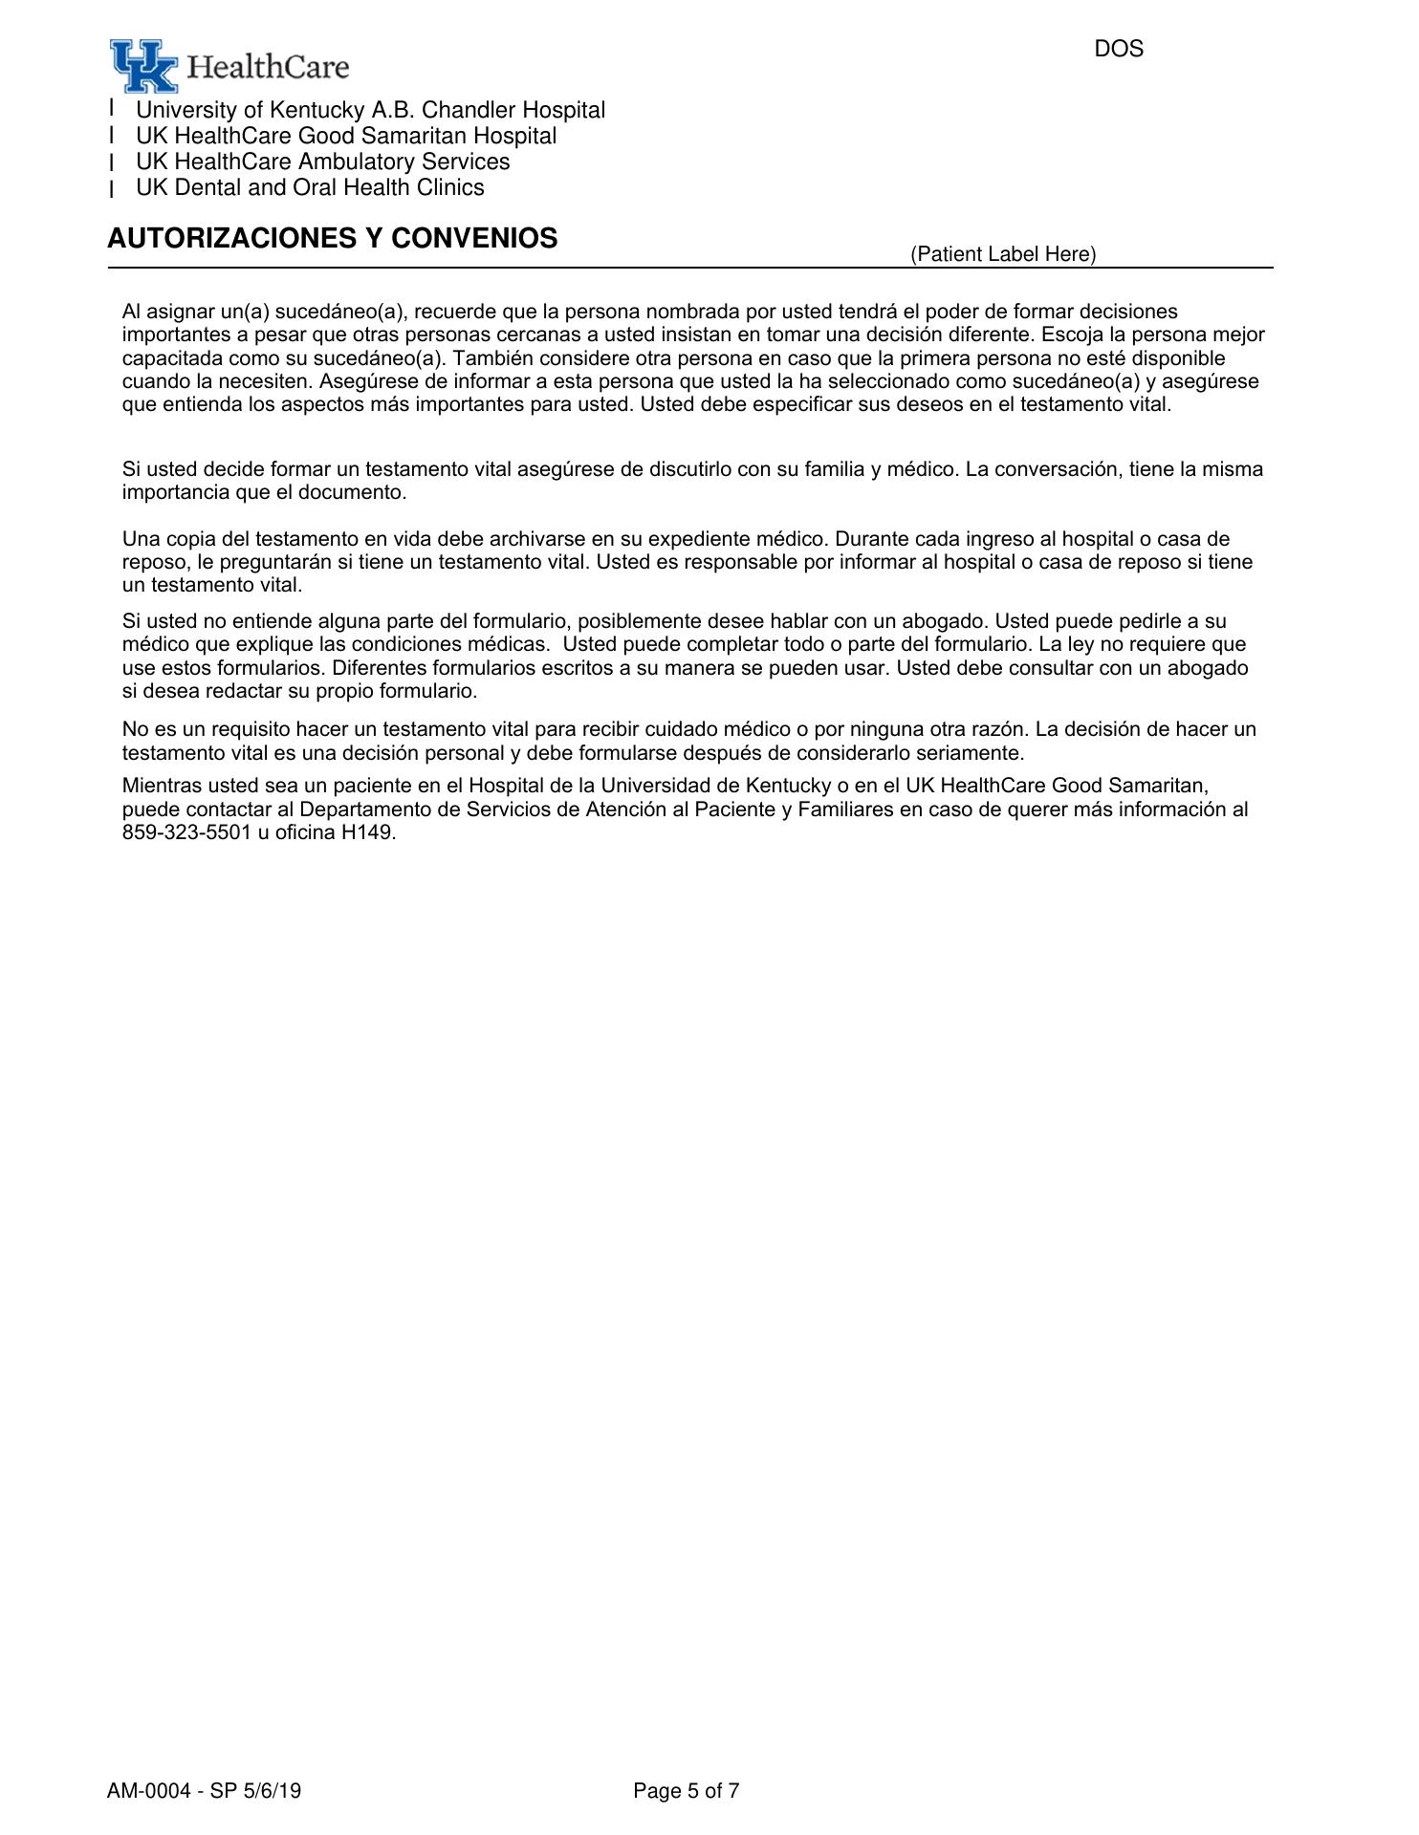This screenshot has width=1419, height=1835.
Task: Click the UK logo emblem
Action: (142, 65)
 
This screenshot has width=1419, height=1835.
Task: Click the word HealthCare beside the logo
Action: (268, 67)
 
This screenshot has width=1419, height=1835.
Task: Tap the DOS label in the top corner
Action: (1118, 49)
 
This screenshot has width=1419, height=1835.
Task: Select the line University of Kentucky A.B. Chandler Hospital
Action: (370, 111)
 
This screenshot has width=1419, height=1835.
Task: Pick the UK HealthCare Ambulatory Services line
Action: (322, 162)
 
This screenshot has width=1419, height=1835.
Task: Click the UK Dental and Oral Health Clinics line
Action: (310, 187)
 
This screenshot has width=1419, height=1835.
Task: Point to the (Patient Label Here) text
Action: (1003, 254)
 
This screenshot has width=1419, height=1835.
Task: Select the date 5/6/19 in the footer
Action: (272, 1791)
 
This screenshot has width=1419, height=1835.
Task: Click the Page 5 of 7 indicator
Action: (686, 1791)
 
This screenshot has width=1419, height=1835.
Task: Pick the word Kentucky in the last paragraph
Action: (788, 786)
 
